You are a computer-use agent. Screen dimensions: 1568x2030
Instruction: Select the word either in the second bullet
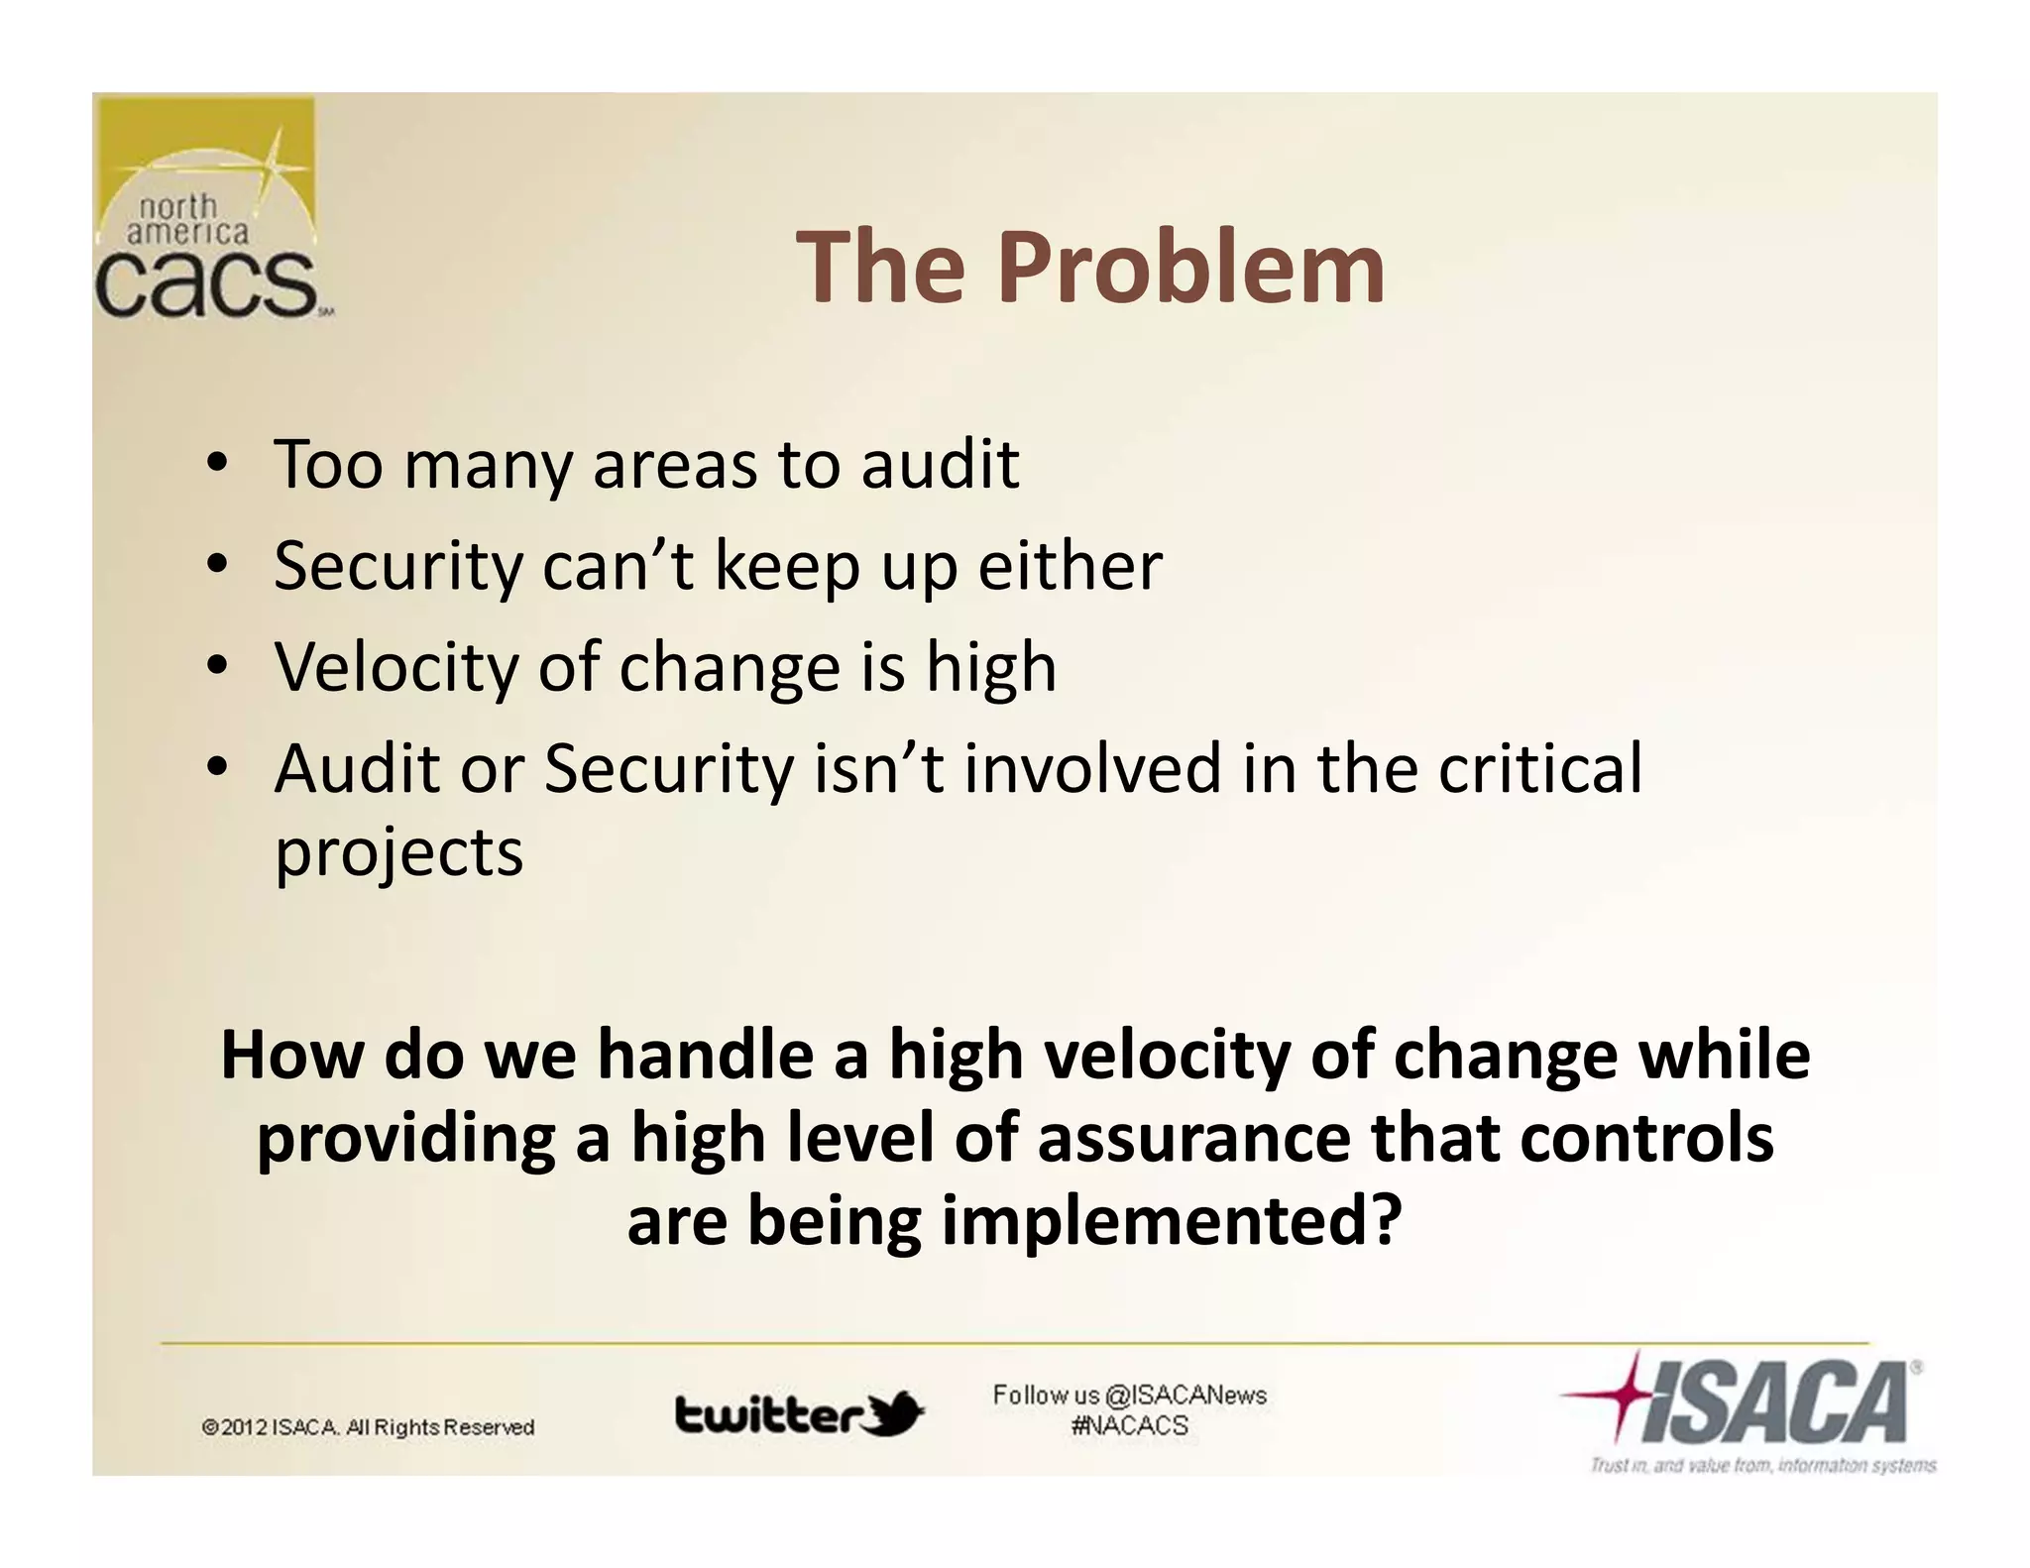(1070, 566)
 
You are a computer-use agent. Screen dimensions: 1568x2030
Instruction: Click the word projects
(398, 853)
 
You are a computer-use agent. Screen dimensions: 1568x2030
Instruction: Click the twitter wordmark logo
(769, 1414)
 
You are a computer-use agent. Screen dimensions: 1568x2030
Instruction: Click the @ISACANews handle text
(1184, 1396)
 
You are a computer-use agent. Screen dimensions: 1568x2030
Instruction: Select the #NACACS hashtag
(1129, 1426)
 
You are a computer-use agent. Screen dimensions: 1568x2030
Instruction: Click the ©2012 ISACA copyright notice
(368, 1427)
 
